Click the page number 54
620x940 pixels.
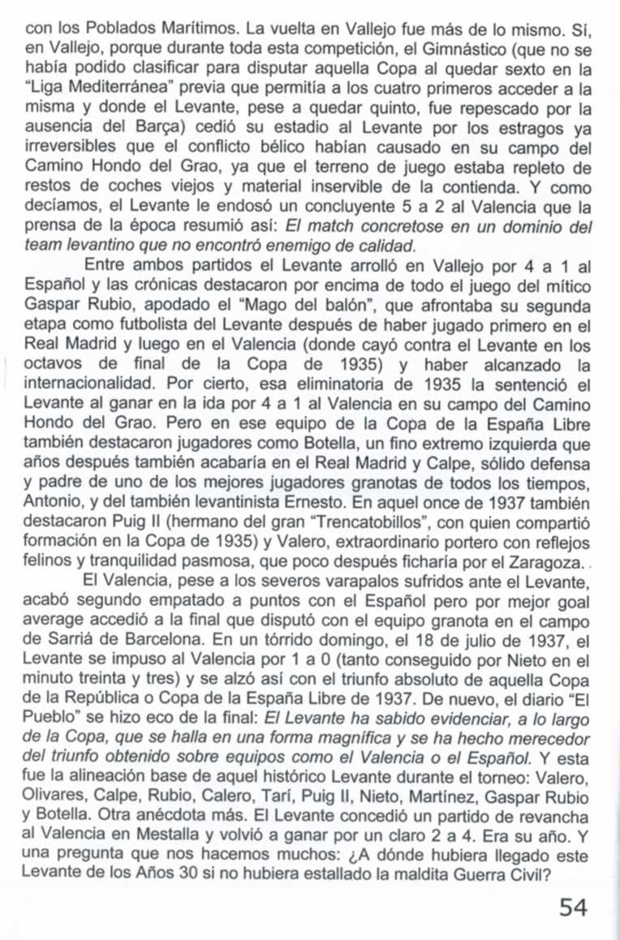tap(573, 905)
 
